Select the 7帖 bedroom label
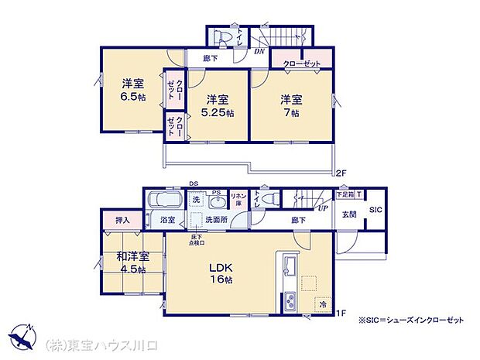pos(290,106)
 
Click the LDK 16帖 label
pos(221,276)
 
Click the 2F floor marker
pos(341,172)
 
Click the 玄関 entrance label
pos(350,214)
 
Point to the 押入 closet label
pos(122,221)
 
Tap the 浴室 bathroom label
pos(167,221)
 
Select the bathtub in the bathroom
pos(163,201)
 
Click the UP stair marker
pos(320,208)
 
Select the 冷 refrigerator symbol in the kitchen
pos(323,304)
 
